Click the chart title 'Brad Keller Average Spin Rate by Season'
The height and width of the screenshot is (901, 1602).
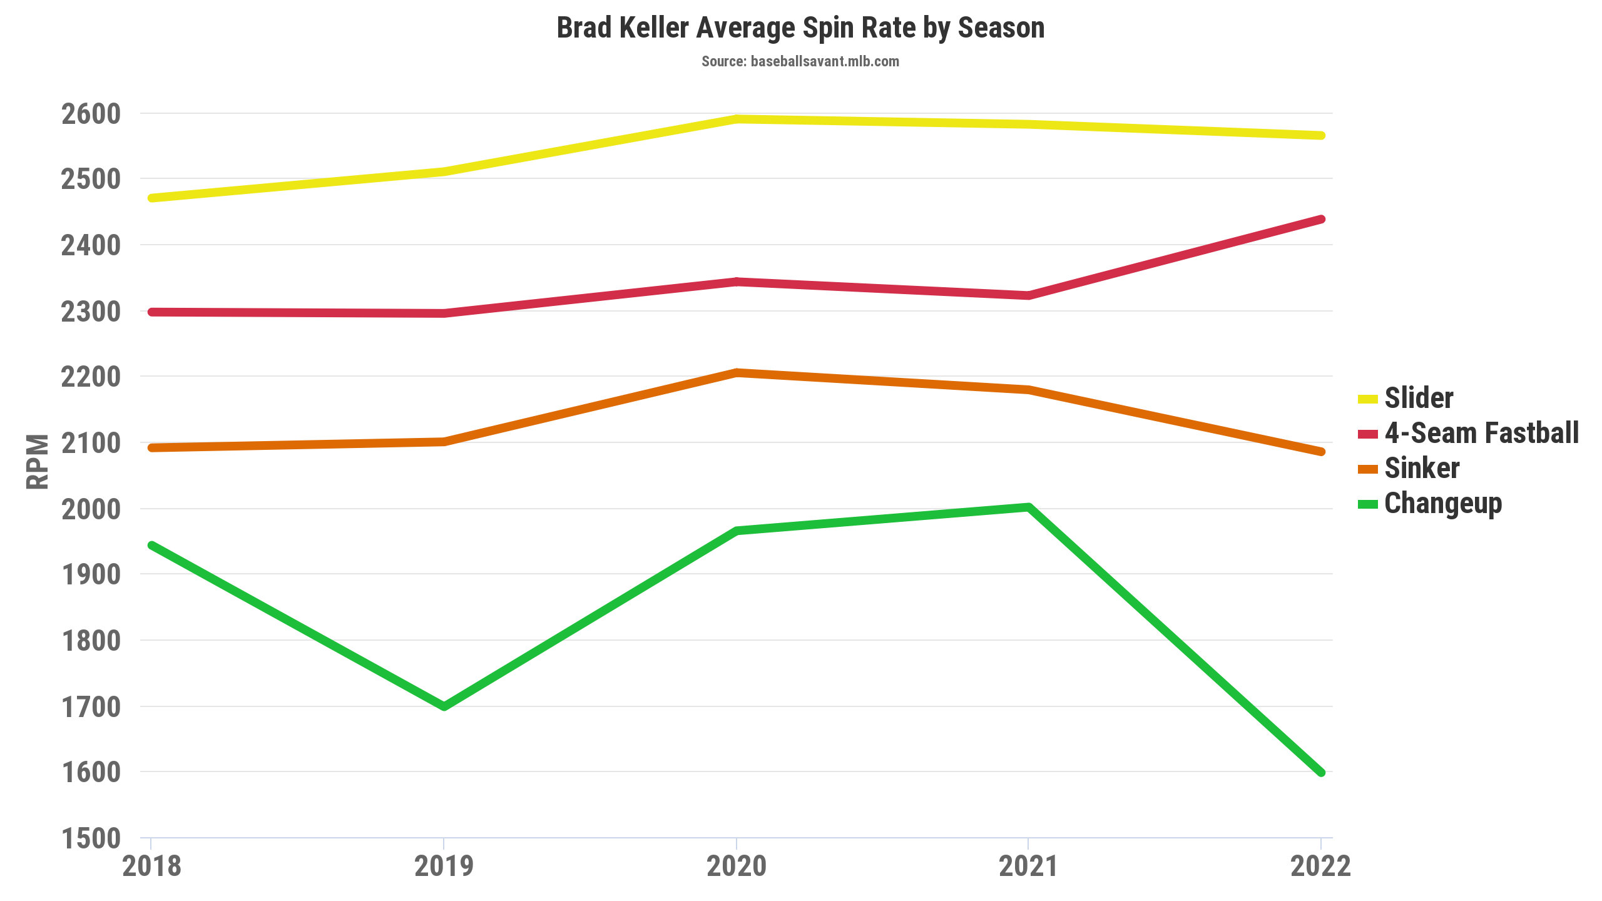coord(800,28)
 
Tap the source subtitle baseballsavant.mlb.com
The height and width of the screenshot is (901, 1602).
coord(800,61)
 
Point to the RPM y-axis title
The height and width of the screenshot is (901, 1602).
coord(38,461)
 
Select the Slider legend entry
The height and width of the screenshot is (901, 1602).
coord(1418,399)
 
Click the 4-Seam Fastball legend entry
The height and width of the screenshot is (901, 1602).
coord(1481,433)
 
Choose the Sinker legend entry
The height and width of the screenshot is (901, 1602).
coord(1421,468)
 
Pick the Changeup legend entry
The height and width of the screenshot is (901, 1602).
coord(1442,504)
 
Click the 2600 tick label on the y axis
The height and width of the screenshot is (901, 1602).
coord(91,114)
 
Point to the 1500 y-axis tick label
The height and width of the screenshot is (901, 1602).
coord(91,838)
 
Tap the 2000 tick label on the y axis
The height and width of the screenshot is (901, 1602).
coord(91,509)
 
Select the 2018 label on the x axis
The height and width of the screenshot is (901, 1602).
coord(151,867)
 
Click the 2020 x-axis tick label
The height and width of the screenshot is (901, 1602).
coord(737,867)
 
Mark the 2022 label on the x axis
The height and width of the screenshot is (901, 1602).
coord(1320,867)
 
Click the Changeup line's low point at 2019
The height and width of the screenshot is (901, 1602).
coord(444,706)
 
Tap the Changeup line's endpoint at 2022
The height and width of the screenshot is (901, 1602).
coord(1321,773)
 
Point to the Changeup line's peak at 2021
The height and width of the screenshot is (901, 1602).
coord(1029,507)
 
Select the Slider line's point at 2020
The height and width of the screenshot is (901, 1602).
coord(737,119)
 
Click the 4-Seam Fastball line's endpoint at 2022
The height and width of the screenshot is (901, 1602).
coord(1321,219)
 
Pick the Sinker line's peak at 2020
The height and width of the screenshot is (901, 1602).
coord(737,373)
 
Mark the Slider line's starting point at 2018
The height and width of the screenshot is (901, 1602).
coord(151,198)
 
